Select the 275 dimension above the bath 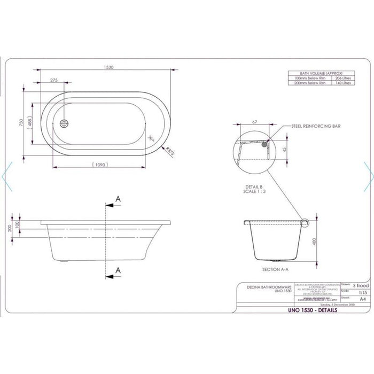click(54, 80)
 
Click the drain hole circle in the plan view click(65, 123)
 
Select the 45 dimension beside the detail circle click(284, 149)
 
